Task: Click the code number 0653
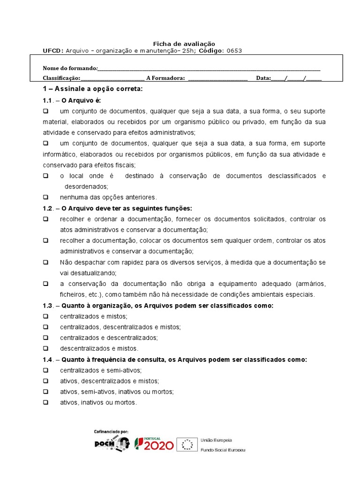(x=234, y=51)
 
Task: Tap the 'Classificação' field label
(x=61, y=78)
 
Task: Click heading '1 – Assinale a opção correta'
(x=92, y=89)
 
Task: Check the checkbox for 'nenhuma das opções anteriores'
(x=46, y=197)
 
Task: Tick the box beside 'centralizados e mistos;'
(x=46, y=316)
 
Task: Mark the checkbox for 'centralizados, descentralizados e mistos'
(x=46, y=327)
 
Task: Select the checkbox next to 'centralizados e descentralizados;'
(x=46, y=337)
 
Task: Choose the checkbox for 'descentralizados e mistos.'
(x=46, y=348)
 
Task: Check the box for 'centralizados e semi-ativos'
(x=46, y=370)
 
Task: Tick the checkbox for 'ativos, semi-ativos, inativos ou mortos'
(x=46, y=391)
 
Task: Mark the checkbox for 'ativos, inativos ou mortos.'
(x=46, y=402)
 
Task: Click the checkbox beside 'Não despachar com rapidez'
(x=46, y=262)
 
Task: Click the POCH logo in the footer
(x=112, y=443)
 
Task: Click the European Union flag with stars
(x=188, y=444)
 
